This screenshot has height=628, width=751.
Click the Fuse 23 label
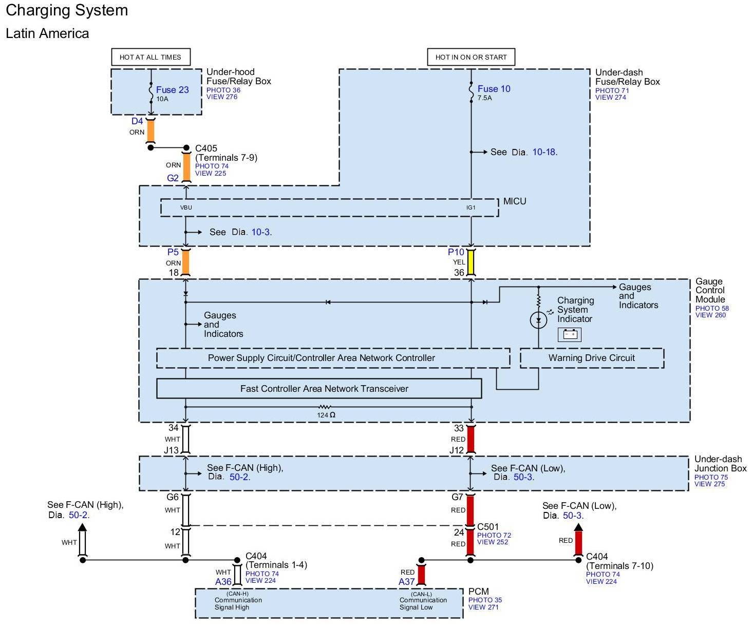pyautogui.click(x=172, y=89)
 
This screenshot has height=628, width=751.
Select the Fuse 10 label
pyautogui.click(x=494, y=88)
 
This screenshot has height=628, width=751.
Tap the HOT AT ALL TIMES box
pyautogui.click(x=151, y=57)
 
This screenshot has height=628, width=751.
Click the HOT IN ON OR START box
pyautogui.click(x=471, y=57)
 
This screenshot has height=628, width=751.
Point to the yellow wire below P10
pyautogui.click(x=471, y=262)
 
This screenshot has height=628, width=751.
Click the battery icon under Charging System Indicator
pyautogui.click(x=569, y=335)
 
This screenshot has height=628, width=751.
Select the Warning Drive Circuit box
pyautogui.click(x=592, y=358)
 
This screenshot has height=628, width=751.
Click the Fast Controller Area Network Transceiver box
pyautogui.click(x=319, y=388)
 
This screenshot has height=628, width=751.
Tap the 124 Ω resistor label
pyautogui.click(x=326, y=415)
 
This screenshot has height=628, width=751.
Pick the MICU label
pyautogui.click(x=514, y=201)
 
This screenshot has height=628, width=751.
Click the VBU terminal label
pyautogui.click(x=186, y=207)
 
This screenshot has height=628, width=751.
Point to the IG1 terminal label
pyautogui.click(x=471, y=207)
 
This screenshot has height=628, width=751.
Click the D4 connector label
pyautogui.click(x=137, y=121)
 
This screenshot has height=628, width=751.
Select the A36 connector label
pyautogui.click(x=223, y=582)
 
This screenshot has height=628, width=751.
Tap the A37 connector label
pyautogui.click(x=406, y=582)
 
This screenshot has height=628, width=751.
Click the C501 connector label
pyautogui.click(x=487, y=527)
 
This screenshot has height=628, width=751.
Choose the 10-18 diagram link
pyautogui.click(x=544, y=152)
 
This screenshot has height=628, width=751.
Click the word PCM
pyautogui.click(x=478, y=592)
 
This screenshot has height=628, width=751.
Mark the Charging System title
pyautogui.click(x=67, y=10)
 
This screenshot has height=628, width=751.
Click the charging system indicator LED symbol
pyautogui.click(x=538, y=319)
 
